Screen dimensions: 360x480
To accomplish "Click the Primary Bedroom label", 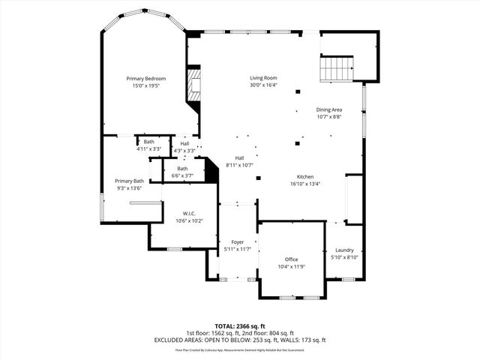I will tap(145, 79).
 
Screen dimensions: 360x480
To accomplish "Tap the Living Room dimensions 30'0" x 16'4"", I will tap(263, 85).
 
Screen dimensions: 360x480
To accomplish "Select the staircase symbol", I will tap(336, 70).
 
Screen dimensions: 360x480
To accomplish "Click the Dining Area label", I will tap(328, 109).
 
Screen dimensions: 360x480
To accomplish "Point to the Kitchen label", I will tap(304, 176).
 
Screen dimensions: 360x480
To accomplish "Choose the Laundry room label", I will tap(344, 250).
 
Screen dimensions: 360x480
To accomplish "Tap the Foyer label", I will tap(237, 242).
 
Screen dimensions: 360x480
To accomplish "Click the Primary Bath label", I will tap(129, 181).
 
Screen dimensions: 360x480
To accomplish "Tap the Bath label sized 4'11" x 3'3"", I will tap(149, 142).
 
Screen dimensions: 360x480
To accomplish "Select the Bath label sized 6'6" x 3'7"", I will tap(182, 168).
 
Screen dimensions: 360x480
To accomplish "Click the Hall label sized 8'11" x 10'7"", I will tap(239, 157).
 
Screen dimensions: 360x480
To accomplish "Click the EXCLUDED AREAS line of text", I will tap(240, 340).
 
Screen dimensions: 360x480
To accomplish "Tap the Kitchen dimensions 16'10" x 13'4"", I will tap(304, 184).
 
